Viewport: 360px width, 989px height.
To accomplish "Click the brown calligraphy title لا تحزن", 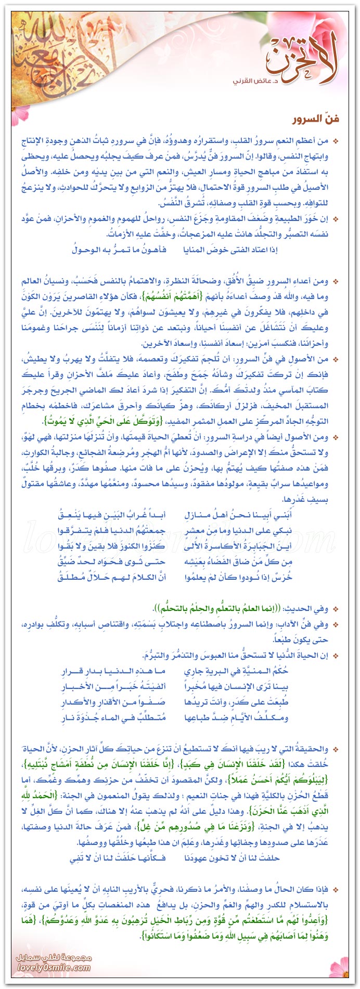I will (302, 60).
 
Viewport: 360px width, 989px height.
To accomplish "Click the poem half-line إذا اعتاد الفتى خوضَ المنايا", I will (231, 249).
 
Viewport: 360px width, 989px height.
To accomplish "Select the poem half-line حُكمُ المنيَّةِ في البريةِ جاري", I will (236, 671).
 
